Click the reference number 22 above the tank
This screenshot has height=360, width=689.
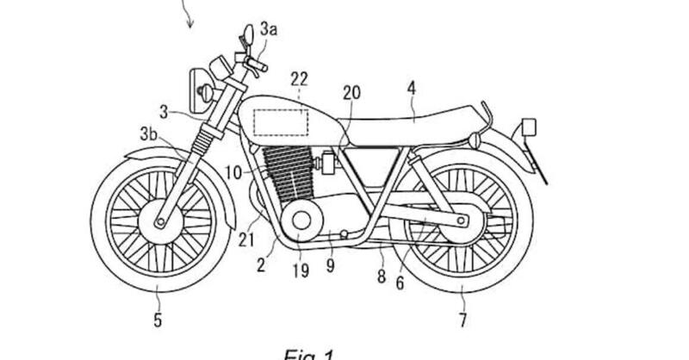[x=300, y=78]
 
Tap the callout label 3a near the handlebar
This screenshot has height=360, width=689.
[x=270, y=29]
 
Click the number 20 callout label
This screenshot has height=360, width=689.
[x=351, y=93]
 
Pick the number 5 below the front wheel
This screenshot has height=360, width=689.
[x=158, y=322]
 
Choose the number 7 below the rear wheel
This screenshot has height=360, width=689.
[x=462, y=322]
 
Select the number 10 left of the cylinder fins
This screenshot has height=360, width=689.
[x=233, y=172]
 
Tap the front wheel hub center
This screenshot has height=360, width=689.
[x=160, y=224]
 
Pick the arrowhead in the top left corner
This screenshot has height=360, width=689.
[x=189, y=22]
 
